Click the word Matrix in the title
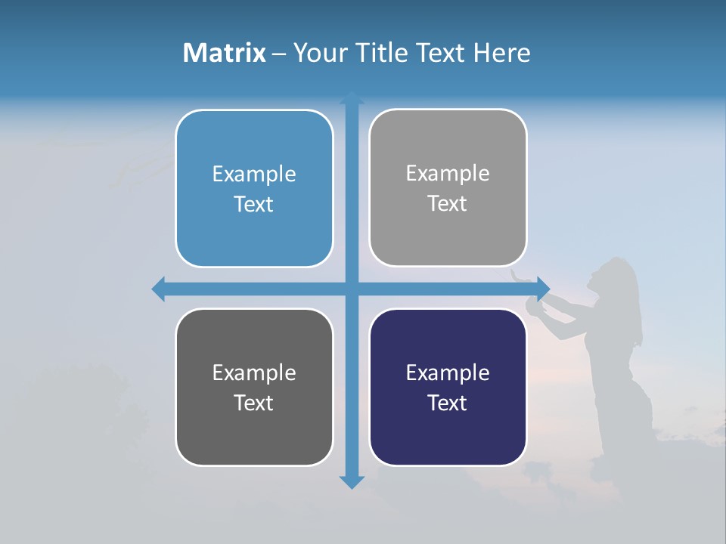tap(225, 53)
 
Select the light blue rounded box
tap(254, 188)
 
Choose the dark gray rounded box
tap(254, 387)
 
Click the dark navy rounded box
tap(448, 387)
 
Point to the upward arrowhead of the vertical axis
tap(352, 98)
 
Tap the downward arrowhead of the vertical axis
tap(352, 481)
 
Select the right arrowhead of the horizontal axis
tap(543, 289)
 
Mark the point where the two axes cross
tap(352, 289)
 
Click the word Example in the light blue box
tap(254, 174)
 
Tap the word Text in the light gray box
tap(448, 203)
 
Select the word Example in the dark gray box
tap(254, 372)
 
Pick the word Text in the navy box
tap(448, 403)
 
